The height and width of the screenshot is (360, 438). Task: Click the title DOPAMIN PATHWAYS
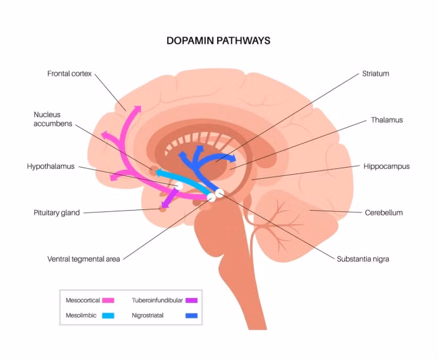218,41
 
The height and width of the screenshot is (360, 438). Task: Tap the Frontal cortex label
69,74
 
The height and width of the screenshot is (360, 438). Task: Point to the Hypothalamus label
51,166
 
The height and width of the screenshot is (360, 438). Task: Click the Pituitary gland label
57,212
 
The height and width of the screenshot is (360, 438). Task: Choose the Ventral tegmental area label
84,259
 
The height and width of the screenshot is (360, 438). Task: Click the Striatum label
376,74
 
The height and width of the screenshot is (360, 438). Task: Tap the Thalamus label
387,120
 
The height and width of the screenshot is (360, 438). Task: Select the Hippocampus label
386,166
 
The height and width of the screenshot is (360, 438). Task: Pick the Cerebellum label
384,212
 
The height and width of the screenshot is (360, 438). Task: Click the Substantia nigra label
363,259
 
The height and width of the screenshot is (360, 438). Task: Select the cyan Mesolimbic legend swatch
108,315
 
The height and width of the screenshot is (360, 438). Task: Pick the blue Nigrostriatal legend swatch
192,315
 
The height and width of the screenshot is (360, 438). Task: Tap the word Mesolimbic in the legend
81,315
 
